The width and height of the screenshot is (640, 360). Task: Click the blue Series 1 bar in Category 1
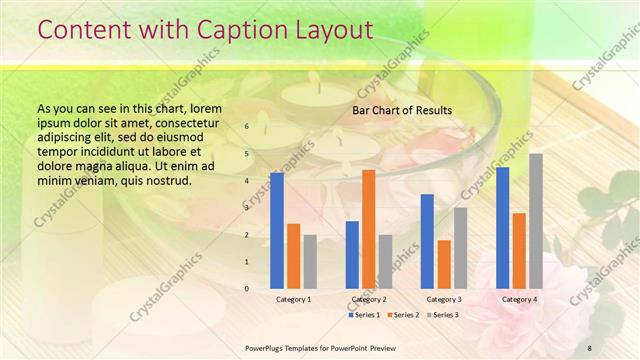pyautogui.click(x=277, y=230)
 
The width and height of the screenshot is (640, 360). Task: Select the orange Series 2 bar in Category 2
pyautogui.click(x=369, y=229)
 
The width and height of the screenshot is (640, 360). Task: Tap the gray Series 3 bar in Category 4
pyautogui.click(x=536, y=221)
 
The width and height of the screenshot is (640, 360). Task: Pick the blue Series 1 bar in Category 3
pyautogui.click(x=427, y=241)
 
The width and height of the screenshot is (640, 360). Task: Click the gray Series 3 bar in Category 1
pyautogui.click(x=310, y=261)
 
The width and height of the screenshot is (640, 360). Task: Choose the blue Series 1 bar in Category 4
pyautogui.click(x=503, y=227)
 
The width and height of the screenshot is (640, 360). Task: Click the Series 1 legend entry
pyautogui.click(x=364, y=315)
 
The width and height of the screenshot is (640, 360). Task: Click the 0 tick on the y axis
pyautogui.click(x=247, y=289)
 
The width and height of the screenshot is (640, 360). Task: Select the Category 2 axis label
pyautogui.click(x=369, y=299)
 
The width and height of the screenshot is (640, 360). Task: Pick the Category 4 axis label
pyautogui.click(x=519, y=299)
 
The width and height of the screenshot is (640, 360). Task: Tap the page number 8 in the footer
pyautogui.click(x=589, y=347)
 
